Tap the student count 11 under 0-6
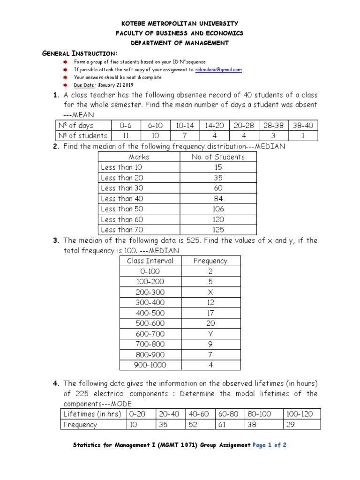125,136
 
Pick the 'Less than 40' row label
122,199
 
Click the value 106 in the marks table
218,209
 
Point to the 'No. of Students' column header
218,157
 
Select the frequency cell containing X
210,292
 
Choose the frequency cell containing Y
210,334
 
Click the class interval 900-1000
150,365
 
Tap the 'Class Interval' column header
150,261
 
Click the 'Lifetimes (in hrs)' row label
92,414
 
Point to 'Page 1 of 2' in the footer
270,445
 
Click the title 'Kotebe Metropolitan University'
180,23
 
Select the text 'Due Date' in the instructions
84,85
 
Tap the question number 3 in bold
55,240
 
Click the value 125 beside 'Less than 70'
218,230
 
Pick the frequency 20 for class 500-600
210,323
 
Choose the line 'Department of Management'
180,43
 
